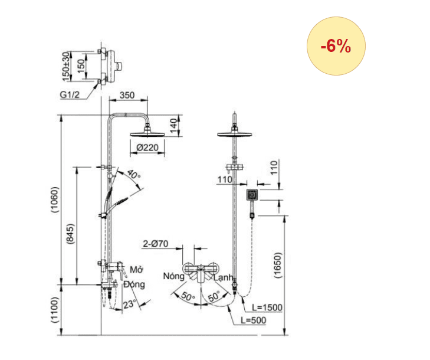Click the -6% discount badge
[336, 47]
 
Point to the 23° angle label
[130, 304]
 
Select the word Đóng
[134, 284]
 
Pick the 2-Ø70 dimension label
[156, 243]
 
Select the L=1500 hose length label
[267, 307]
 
